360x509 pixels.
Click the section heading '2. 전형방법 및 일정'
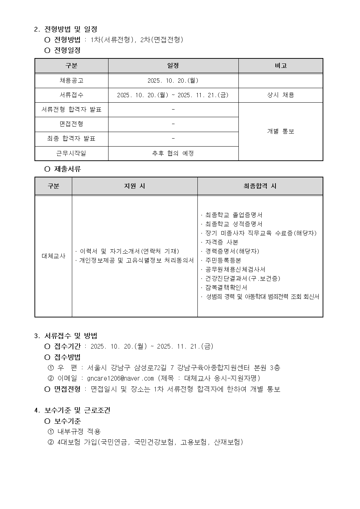(66, 29)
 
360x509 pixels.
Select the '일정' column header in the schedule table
(173, 66)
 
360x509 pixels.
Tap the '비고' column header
(281, 66)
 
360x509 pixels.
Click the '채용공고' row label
(71, 81)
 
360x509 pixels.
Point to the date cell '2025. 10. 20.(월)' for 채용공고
(173, 81)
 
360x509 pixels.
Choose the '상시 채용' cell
(281, 95)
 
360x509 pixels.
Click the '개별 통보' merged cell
(281, 131)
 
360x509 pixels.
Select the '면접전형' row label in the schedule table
(71, 124)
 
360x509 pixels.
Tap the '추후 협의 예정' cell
(173, 153)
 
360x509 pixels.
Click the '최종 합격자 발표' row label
(71, 139)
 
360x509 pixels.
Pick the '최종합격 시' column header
(260, 186)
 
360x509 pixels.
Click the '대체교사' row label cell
(53, 256)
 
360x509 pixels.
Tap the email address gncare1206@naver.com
(120, 378)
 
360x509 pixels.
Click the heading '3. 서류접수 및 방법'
(66, 336)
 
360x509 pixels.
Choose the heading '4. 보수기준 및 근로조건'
(72, 410)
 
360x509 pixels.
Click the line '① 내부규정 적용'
(74, 431)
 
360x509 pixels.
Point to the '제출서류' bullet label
(67, 169)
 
